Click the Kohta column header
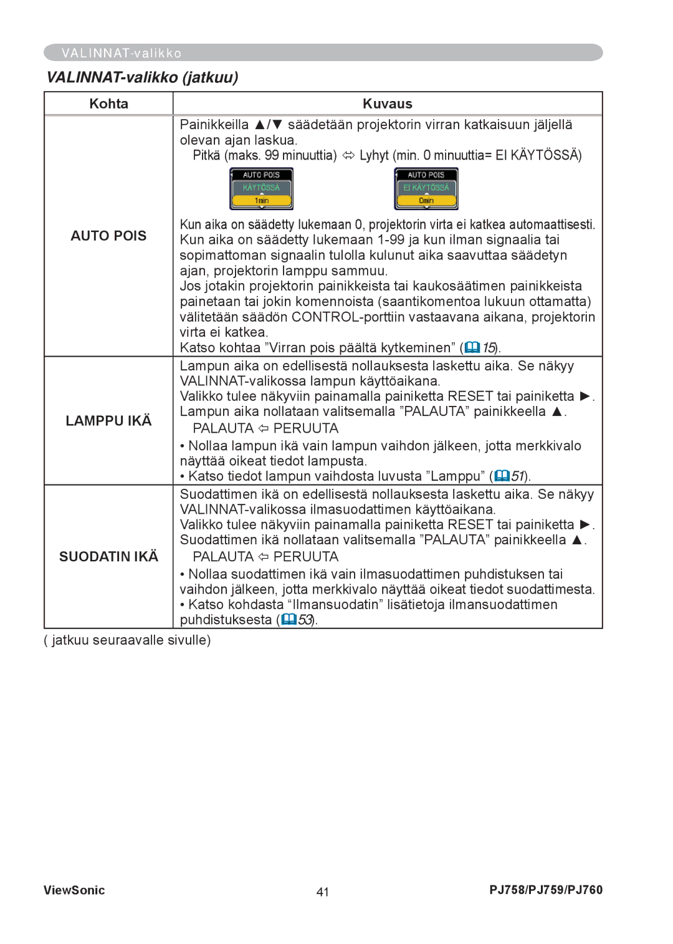pos(108,104)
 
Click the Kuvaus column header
pos(387,104)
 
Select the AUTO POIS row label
pos(108,236)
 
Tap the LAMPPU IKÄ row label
pos(108,421)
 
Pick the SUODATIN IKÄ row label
pos(108,556)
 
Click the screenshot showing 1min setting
pos(261,188)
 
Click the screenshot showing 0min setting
pos(426,188)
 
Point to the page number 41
pos(322,892)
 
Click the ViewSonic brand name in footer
pos(74,890)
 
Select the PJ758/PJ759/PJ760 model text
pos(546,890)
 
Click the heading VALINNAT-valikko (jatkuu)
pos(142,77)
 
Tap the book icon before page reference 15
pos(472,347)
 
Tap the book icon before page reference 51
pos(502,476)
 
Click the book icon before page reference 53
pos(289,620)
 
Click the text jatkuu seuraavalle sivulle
pos(128,640)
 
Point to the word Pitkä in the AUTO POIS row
pos(206,155)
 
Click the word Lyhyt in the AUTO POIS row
pos(374,155)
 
